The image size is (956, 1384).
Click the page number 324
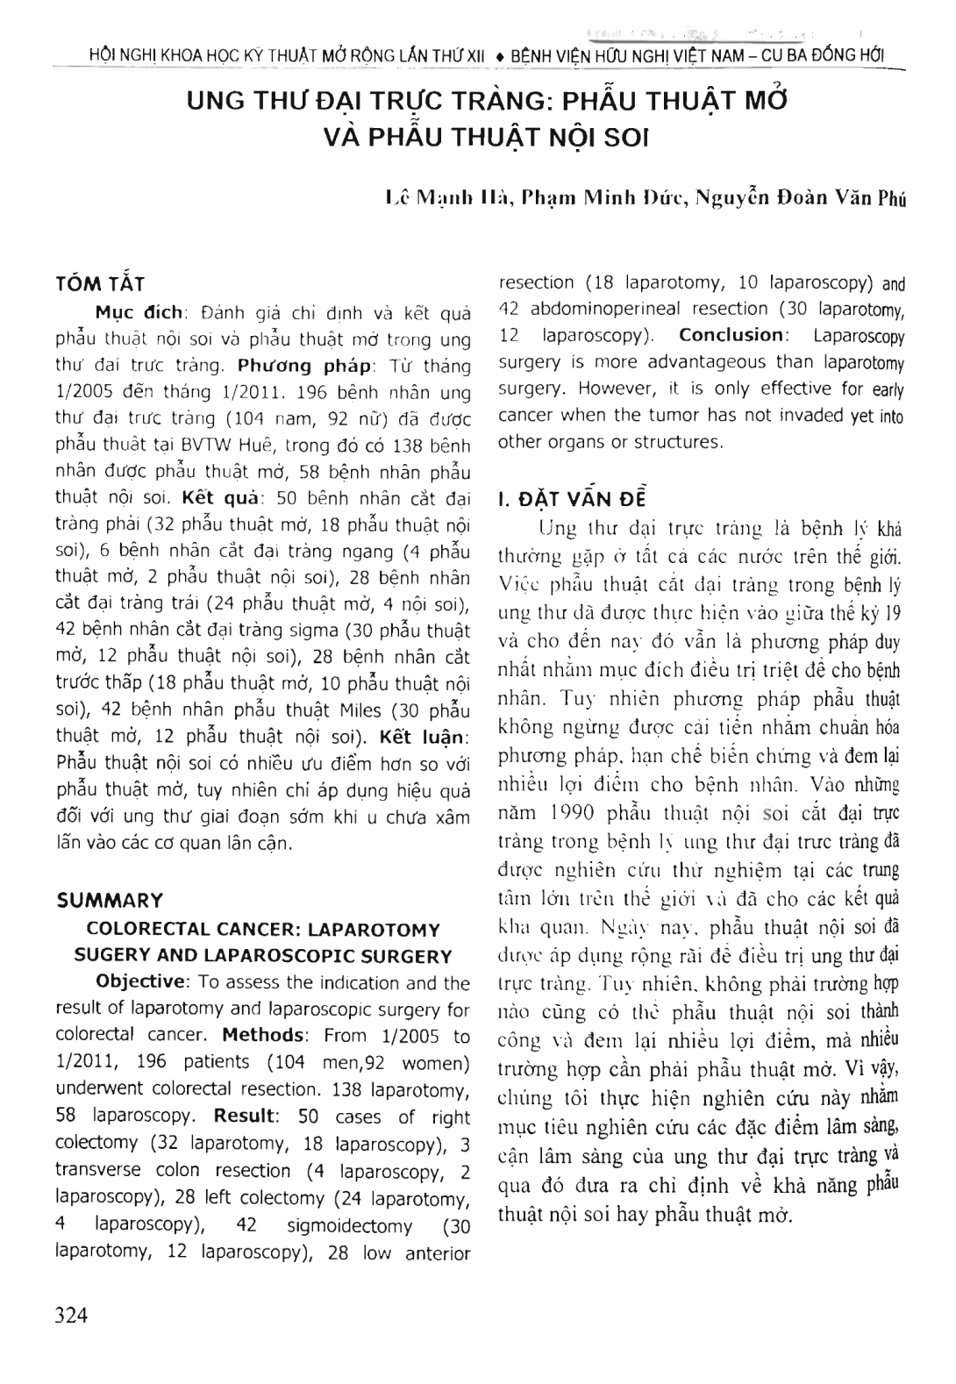pyautogui.click(x=72, y=1316)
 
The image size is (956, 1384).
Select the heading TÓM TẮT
pyautogui.click(x=100, y=284)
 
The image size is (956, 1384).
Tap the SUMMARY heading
pyautogui.click(x=110, y=901)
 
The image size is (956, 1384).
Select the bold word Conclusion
pyautogui.click(x=731, y=335)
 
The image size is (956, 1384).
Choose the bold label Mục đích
pyautogui.click(x=139, y=312)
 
